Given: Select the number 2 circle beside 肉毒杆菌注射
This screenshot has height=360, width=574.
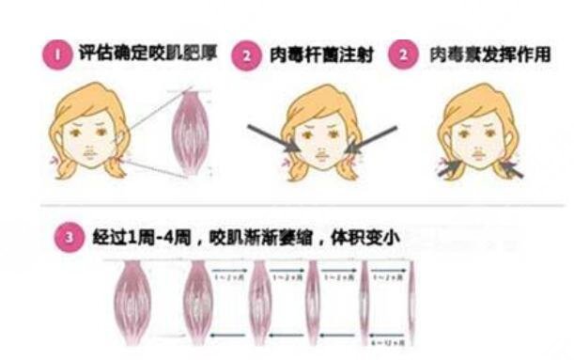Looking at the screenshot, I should (246, 55).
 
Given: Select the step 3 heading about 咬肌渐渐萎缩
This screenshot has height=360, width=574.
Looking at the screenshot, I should (240, 239).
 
